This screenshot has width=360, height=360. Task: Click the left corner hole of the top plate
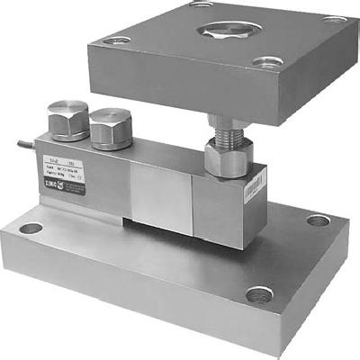point(114,40)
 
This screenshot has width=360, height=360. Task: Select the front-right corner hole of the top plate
point(265,61)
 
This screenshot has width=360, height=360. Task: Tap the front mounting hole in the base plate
point(259,294)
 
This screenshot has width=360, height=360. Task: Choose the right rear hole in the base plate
point(318,220)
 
